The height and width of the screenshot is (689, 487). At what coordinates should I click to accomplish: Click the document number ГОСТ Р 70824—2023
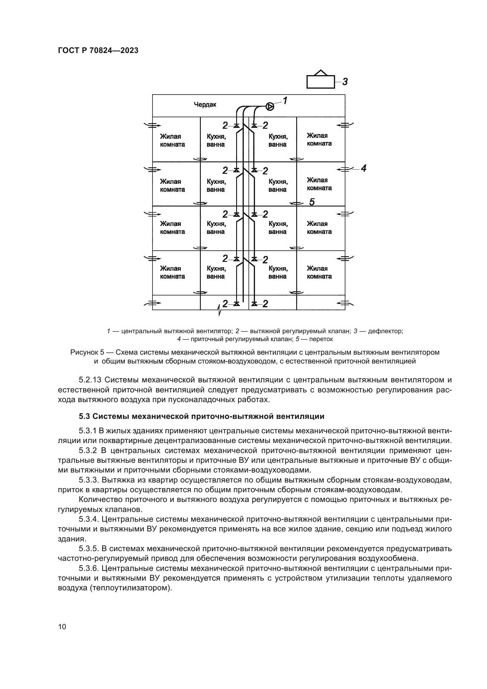[98, 50]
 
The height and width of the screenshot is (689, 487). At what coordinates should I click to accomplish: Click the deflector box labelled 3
[320, 82]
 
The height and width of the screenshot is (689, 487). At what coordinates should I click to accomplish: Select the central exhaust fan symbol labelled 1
[270, 106]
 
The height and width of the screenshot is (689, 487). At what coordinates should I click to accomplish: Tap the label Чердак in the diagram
[205, 105]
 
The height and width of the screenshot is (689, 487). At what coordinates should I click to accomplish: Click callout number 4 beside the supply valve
[363, 168]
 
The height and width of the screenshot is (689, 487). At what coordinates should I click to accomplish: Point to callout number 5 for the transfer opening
[312, 202]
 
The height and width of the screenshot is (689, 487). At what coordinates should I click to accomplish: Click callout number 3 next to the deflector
[345, 82]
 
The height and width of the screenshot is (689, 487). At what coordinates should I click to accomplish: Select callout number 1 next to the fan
[285, 100]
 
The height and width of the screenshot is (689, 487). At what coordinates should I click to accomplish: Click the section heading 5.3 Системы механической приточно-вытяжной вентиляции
[201, 416]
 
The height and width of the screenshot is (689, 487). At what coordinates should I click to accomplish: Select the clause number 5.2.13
[90, 380]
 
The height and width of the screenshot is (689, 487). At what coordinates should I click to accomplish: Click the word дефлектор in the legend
[385, 331]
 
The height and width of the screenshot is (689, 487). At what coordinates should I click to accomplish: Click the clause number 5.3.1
[87, 431]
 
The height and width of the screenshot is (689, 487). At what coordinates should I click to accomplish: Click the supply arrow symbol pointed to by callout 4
[345, 169]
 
